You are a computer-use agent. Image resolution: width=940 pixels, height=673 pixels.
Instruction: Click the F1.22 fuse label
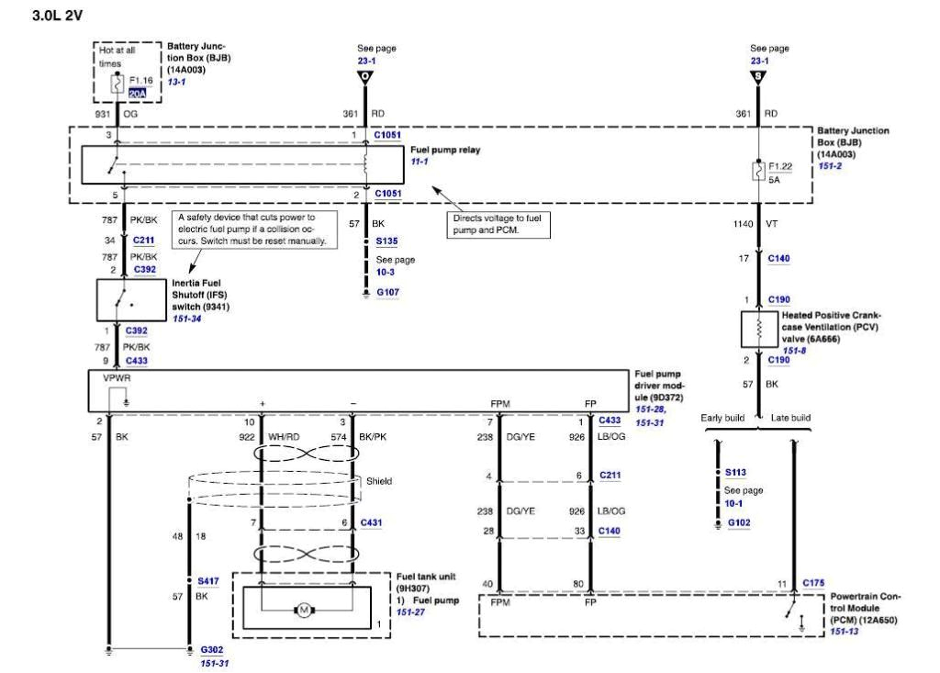[x=781, y=167]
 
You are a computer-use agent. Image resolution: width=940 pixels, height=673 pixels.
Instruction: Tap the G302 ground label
[x=211, y=649]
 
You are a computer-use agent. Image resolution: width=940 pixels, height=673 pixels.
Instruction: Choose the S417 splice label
[x=207, y=581]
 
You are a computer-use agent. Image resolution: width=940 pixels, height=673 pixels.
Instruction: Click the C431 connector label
[x=371, y=522]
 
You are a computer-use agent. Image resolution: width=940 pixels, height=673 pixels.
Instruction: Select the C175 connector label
[x=813, y=582]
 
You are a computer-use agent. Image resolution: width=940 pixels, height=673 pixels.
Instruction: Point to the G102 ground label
[x=739, y=522]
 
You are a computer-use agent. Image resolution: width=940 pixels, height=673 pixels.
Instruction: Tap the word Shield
[x=378, y=480]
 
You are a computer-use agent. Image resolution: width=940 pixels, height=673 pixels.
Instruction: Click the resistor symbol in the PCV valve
[x=758, y=329]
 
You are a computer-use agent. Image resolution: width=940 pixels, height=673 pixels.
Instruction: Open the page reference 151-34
[x=186, y=319]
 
